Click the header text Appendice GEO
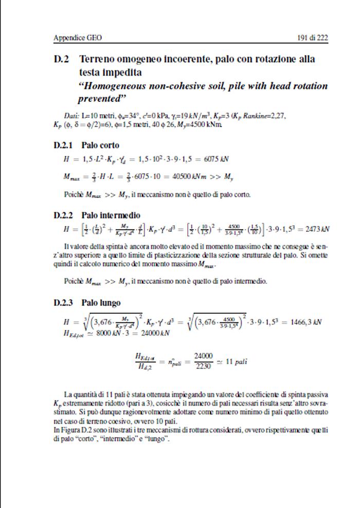[74, 38]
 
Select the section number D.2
[62, 59]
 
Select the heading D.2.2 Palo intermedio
[97, 215]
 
